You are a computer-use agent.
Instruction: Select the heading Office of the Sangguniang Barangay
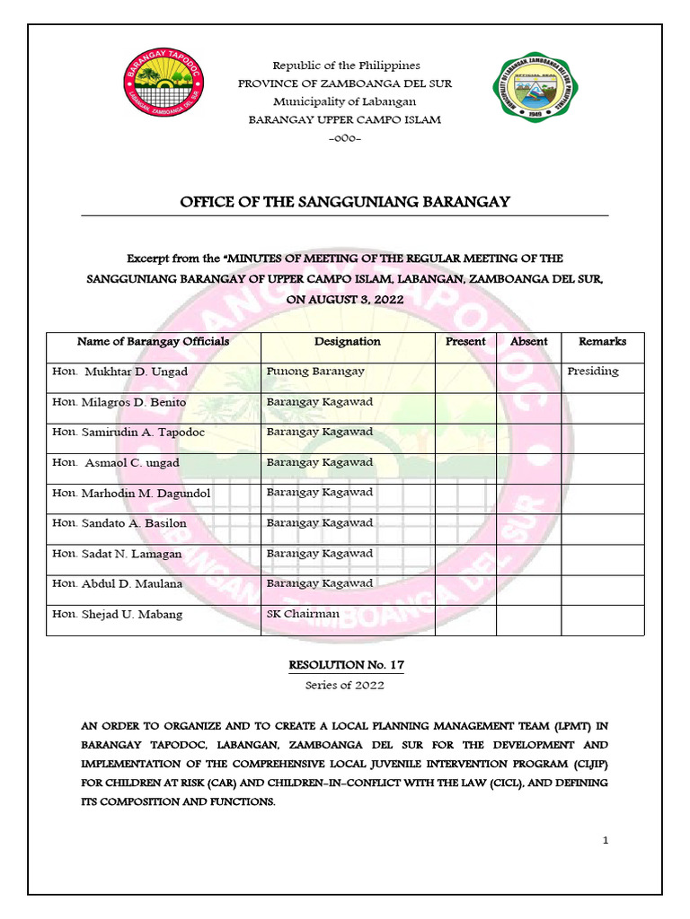345,202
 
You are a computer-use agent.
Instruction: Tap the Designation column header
347,342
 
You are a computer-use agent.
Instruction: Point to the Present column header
465,342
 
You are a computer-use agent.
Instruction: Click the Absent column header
528,342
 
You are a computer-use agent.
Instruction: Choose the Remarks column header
602,342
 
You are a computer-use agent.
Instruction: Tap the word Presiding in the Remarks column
593,372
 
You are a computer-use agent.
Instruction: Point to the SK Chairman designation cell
303,614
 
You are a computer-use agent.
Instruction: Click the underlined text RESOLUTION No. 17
345,665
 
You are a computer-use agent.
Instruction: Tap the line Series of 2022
345,686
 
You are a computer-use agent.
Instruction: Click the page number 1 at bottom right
606,841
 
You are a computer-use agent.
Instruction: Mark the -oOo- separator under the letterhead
345,137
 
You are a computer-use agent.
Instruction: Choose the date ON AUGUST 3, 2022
345,300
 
